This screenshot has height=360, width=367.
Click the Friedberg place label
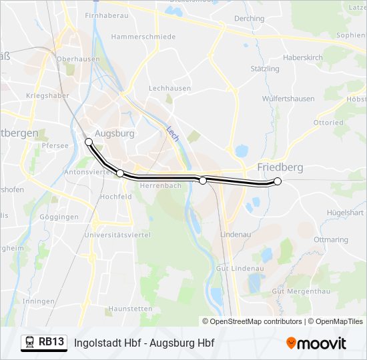pyautogui.click(x=280, y=167)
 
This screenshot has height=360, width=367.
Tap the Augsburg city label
pyautogui.click(x=115, y=133)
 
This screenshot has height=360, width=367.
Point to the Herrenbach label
pyautogui.click(x=161, y=186)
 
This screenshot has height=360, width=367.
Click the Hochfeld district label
pyautogui.click(x=115, y=197)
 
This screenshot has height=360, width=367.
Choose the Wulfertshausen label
pyautogui.click(x=288, y=99)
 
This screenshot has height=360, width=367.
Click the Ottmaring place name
pyautogui.click(x=331, y=239)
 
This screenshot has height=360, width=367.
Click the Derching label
pyautogui.click(x=250, y=19)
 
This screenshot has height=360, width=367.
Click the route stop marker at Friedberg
pyautogui.click(x=278, y=181)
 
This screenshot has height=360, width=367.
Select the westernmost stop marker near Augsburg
pyautogui.click(x=89, y=142)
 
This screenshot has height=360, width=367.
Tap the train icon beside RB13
pyautogui.click(x=29, y=343)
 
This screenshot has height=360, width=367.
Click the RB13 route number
pyautogui.click(x=51, y=343)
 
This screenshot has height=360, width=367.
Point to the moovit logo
pyautogui.click(x=316, y=343)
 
